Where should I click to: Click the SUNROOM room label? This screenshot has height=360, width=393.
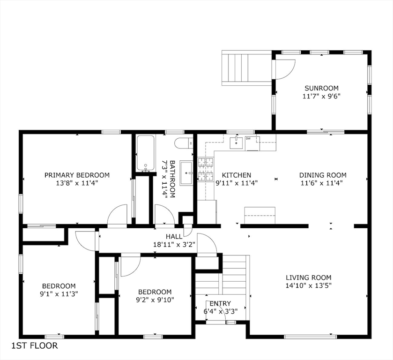click(321, 88)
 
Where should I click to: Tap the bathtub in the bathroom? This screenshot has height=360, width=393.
click(145, 153)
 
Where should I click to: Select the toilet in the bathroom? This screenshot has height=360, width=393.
click(184, 143)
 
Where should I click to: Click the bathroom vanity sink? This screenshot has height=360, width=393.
click(186, 173)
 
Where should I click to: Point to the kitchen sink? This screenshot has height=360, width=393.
click(237, 143)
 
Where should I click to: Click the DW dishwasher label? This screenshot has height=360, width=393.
click(248, 138)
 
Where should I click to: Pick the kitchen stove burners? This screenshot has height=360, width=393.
click(206, 169)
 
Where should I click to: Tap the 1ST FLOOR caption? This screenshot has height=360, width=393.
click(35, 345)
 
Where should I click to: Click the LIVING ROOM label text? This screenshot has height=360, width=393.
click(309, 277)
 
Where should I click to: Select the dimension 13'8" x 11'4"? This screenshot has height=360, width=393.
click(77, 183)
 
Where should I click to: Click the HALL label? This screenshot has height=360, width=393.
click(174, 236)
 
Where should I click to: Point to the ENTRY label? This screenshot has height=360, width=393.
click(220, 304)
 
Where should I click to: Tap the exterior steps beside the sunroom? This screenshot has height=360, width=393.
click(247, 68)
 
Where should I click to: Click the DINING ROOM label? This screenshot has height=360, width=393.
click(323, 175)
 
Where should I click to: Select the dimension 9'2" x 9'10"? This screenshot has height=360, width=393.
click(155, 300)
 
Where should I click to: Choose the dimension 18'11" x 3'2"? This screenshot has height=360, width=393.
click(174, 244)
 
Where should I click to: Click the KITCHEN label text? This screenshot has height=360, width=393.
click(237, 175)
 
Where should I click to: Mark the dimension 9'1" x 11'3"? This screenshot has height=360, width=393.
click(59, 294)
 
